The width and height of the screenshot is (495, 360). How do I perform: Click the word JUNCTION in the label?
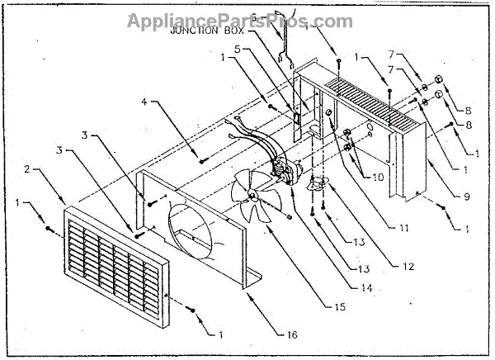194,31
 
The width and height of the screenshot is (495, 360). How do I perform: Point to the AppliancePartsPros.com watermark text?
247,17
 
